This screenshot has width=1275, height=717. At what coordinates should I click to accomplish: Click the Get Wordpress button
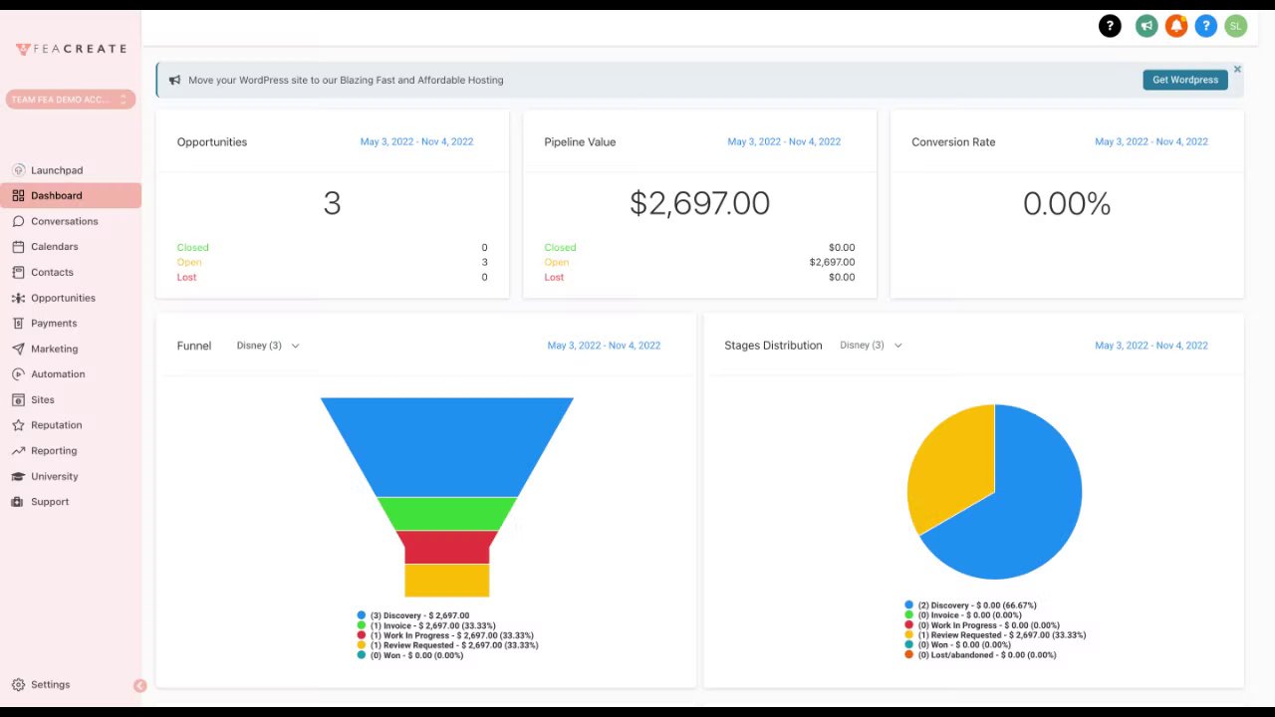click(1184, 80)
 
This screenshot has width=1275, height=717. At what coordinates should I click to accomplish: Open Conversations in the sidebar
click(64, 221)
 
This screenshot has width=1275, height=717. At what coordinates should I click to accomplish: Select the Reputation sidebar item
click(56, 425)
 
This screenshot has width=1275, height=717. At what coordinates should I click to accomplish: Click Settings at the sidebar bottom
click(50, 685)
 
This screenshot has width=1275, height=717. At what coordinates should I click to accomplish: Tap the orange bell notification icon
click(1176, 27)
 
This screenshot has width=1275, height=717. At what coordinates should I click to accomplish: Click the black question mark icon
click(1110, 27)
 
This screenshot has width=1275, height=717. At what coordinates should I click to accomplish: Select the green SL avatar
click(1235, 27)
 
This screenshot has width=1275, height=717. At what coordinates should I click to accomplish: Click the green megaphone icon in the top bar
click(1147, 27)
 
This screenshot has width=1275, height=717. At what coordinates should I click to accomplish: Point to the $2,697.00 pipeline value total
click(699, 203)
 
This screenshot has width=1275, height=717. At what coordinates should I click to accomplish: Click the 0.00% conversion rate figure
click(1066, 204)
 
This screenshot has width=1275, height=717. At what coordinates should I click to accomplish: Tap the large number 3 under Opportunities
click(332, 203)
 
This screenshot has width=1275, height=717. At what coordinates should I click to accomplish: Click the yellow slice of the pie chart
click(946, 468)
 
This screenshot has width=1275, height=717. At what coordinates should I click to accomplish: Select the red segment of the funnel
click(447, 547)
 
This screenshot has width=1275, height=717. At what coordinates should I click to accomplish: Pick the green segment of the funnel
click(447, 513)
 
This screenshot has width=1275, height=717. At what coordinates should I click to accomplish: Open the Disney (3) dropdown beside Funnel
click(268, 346)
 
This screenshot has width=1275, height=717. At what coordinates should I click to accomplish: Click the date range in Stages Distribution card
click(1150, 346)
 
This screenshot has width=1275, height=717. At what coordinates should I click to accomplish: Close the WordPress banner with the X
click(1237, 70)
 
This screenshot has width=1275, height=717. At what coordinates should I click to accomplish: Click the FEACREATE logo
click(71, 49)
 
